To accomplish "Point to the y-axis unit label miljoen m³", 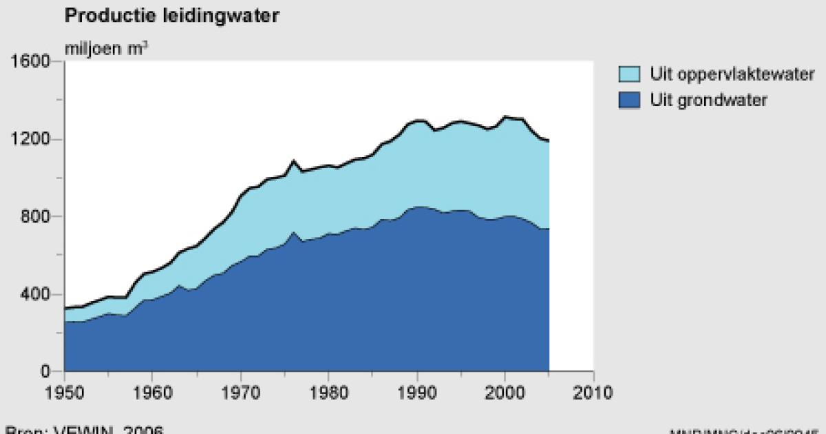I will coord(106,48).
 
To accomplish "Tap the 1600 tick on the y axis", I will coord(30,62).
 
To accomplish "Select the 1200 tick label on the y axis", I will coord(30,140).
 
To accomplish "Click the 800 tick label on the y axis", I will coord(35,217).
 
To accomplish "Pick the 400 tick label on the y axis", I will coord(35,295).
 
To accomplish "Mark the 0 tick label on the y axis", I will coord(45,372).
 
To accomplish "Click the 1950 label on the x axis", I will coord(65,393).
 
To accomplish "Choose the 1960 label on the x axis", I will coord(153,393).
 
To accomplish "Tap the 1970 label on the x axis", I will coord(241,393).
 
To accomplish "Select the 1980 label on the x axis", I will coord(329,393).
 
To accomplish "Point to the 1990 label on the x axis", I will coord(417,393).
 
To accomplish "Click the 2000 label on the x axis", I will coord(505,393).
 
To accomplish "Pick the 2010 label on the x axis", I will coord(593,393).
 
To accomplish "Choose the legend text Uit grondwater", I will coord(708,101).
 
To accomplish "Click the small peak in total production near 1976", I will coord(293,161).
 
